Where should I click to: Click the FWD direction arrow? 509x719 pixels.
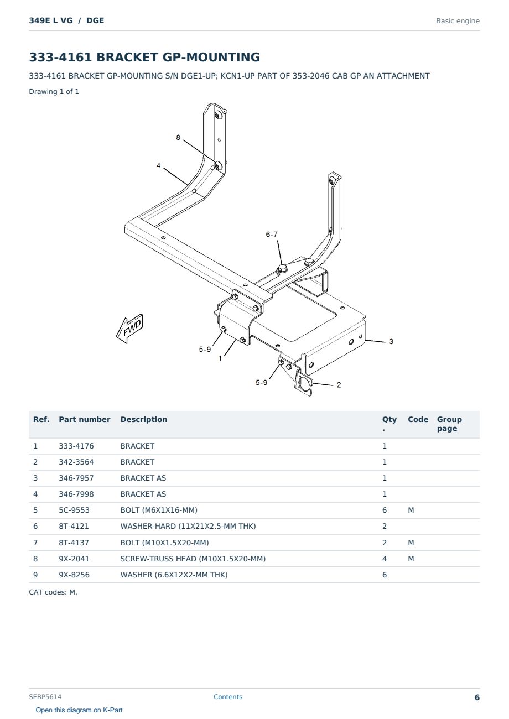click(x=129, y=329)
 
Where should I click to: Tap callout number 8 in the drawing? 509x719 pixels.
click(x=178, y=137)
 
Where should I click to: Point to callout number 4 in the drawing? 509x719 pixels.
click(x=158, y=165)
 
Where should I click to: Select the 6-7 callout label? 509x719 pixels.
click(x=271, y=235)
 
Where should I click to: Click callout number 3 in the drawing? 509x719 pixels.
click(x=391, y=342)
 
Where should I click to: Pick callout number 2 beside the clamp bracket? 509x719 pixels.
click(x=339, y=385)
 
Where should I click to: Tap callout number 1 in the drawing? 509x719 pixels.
click(x=220, y=358)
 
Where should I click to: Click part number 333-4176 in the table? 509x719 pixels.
click(x=76, y=446)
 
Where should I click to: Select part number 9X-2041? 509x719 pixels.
click(x=74, y=559)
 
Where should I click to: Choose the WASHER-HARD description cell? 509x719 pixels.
click(x=188, y=526)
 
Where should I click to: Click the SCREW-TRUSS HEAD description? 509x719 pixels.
click(x=193, y=559)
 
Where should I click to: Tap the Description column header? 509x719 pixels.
click(x=143, y=420)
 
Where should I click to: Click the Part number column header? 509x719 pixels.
click(x=85, y=420)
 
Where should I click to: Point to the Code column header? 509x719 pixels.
click(x=418, y=420)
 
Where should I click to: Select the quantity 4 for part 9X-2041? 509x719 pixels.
click(x=385, y=559)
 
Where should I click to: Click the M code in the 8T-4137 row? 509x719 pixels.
click(x=411, y=543)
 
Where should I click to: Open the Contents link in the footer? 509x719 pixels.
click(x=228, y=697)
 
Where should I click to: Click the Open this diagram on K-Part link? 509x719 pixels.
click(x=79, y=710)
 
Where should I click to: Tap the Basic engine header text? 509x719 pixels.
click(x=458, y=21)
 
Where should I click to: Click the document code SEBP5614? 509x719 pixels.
click(x=45, y=697)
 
